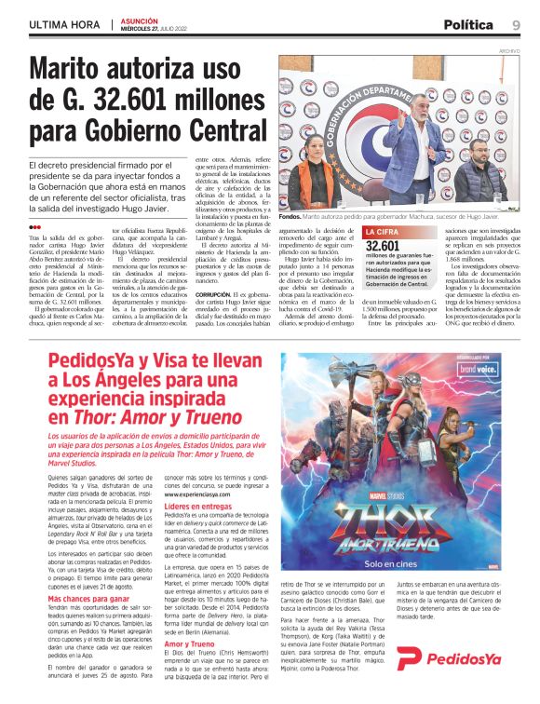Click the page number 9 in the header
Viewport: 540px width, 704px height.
pyautogui.click(x=515, y=24)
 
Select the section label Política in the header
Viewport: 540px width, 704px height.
pyautogui.click(x=468, y=24)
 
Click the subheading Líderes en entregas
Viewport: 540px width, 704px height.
pyautogui.click(x=196, y=507)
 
